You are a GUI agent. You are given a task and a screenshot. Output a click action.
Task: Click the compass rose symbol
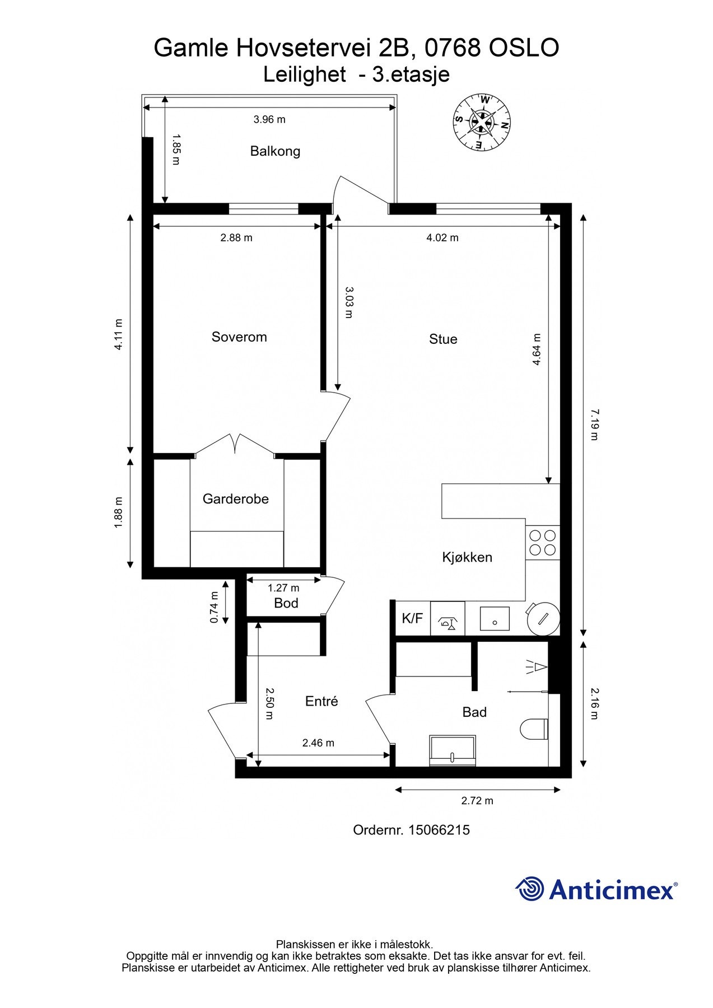[482, 122]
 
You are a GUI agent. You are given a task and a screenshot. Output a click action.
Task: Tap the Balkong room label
[275, 151]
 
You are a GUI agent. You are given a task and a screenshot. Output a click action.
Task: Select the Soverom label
[239, 337]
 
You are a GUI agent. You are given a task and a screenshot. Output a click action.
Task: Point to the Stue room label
[443, 339]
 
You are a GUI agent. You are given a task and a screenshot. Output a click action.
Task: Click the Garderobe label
[236, 498]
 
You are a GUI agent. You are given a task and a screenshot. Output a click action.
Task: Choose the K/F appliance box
[413, 618]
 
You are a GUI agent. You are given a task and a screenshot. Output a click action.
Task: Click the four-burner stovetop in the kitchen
[543, 542]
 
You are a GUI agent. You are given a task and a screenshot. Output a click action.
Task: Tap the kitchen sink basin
[495, 619]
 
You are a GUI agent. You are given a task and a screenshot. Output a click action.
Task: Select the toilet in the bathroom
[534, 729]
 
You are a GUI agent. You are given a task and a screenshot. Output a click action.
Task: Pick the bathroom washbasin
[453, 750]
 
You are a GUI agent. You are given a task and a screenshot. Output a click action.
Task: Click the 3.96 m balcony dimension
[269, 119]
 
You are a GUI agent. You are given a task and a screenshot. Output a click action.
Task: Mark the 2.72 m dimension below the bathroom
[477, 801]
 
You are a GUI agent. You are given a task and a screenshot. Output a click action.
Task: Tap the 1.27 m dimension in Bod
[283, 588]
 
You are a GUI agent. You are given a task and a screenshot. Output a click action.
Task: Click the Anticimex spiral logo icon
[530, 889]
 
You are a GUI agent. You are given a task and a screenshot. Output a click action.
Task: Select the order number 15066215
[439, 830]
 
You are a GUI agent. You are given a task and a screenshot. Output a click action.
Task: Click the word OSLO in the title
[524, 48]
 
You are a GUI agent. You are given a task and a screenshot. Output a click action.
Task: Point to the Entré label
[321, 701]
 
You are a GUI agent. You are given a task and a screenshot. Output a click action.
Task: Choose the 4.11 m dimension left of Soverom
[118, 334]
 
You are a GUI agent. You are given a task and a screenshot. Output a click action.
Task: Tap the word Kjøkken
[467, 557]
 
